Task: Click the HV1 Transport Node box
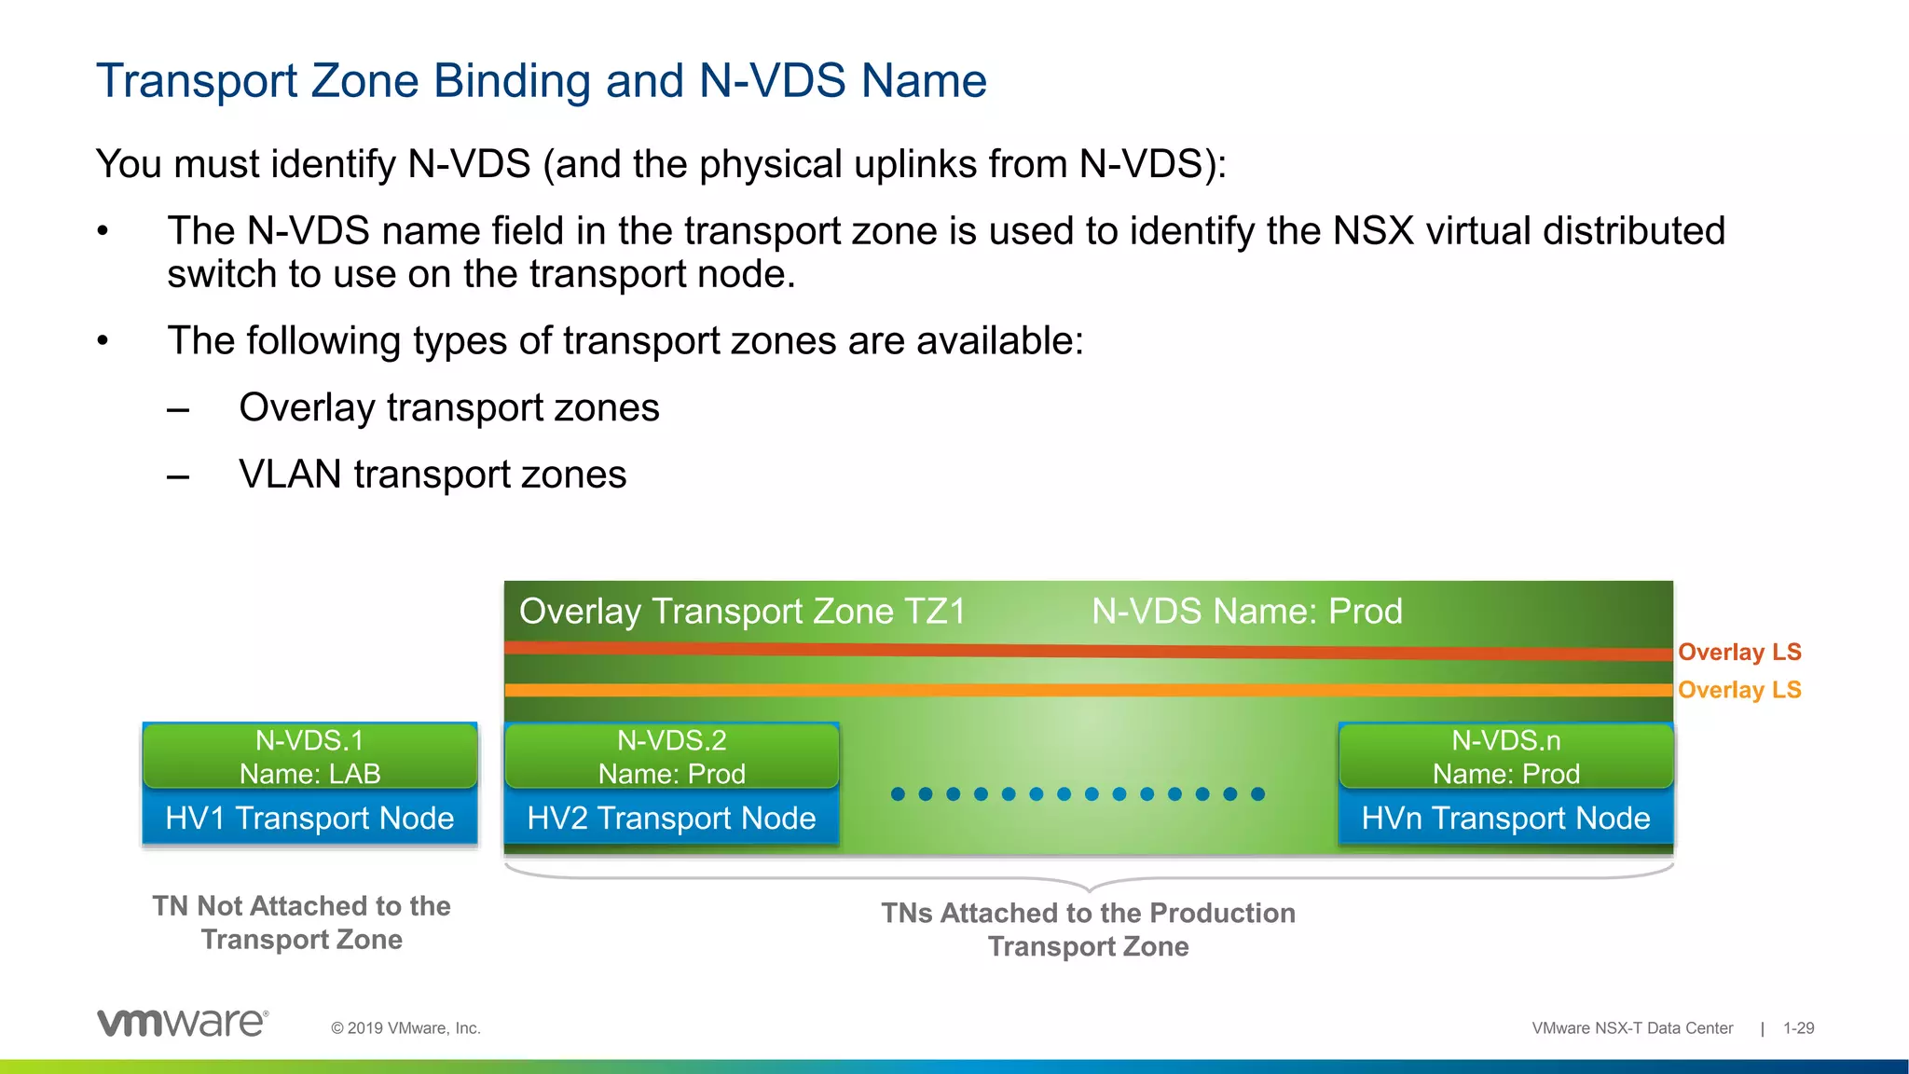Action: click(x=309, y=819)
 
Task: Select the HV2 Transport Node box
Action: click(x=671, y=819)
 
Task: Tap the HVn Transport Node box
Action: click(x=1505, y=819)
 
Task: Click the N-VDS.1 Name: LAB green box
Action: click(x=309, y=756)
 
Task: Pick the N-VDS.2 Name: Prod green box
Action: click(x=671, y=756)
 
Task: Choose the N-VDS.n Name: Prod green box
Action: click(x=1505, y=756)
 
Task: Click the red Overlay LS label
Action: click(x=1739, y=652)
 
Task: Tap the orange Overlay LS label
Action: click(x=1739, y=690)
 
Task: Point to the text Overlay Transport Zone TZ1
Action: click(x=742, y=612)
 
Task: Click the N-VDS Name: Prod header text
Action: click(x=1246, y=612)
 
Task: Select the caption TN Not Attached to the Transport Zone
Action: click(x=301, y=922)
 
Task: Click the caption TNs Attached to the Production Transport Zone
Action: click(x=1088, y=929)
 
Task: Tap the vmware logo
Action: click(x=183, y=1023)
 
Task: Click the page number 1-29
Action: click(x=1798, y=1028)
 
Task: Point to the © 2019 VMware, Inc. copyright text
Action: click(x=405, y=1028)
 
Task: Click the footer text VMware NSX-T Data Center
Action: click(x=1632, y=1028)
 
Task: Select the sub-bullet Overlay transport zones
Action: click(x=448, y=407)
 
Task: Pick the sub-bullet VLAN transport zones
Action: click(x=433, y=475)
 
